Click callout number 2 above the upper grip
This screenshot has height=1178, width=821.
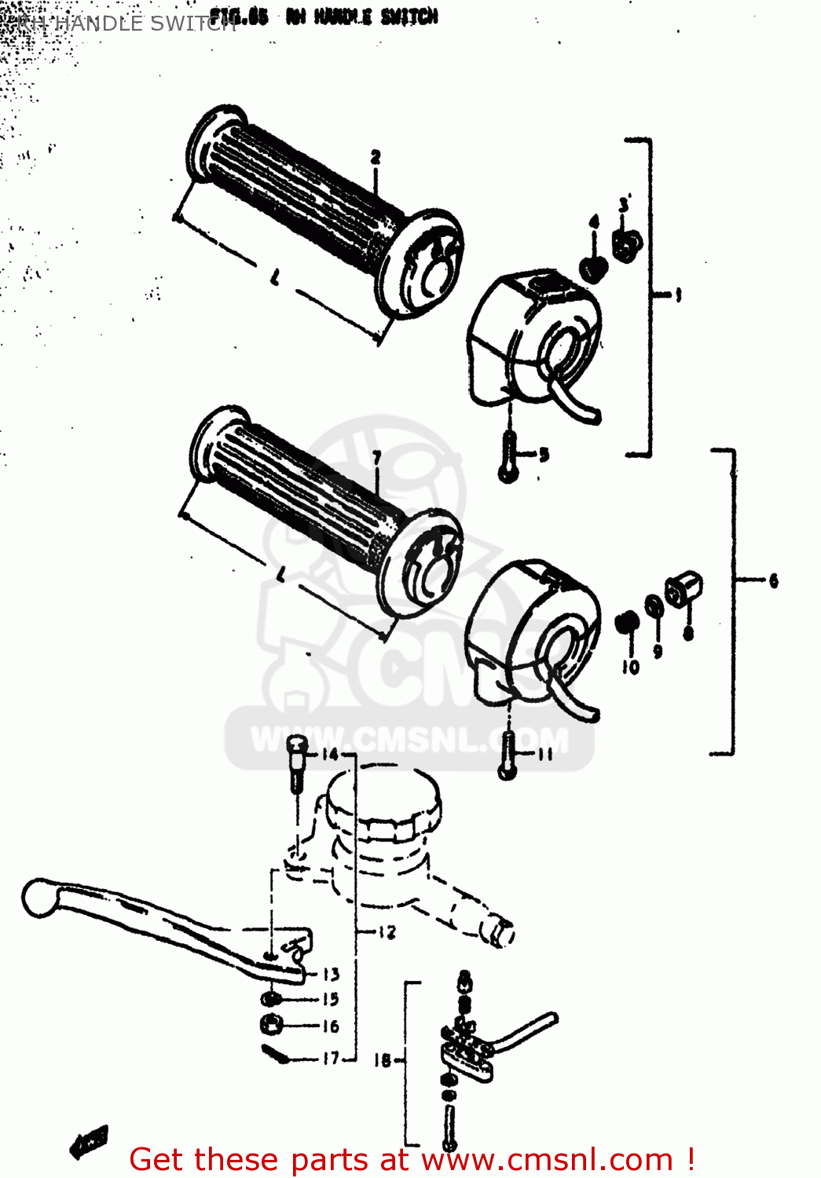pos(376,157)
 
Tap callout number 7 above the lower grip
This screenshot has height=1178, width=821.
pos(377,458)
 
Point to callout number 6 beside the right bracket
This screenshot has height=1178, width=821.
pos(773,580)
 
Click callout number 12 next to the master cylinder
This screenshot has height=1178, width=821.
pos(387,932)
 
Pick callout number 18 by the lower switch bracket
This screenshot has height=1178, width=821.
pos(383,1060)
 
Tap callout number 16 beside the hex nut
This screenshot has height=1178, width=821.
pos(331,1026)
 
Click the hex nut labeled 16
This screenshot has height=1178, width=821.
pos(271,1024)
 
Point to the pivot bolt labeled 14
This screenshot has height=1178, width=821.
pos(296,762)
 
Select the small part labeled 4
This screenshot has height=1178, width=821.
pos(593,268)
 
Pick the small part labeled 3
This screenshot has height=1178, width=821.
pos(627,243)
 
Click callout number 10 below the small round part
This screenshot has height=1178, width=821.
pos(631,668)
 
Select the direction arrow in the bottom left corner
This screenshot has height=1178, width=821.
pos(89,1142)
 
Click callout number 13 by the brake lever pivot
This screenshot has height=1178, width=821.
pos(332,974)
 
